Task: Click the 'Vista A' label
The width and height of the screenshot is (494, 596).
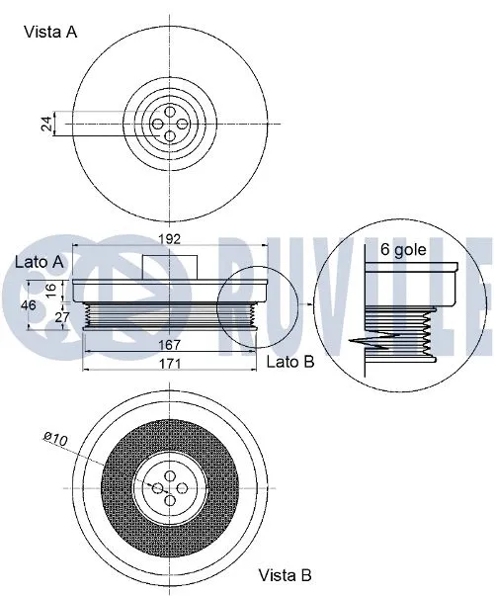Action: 51,32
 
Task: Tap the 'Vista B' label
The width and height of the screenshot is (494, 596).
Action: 287,574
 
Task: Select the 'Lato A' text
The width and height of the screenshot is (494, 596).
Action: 40,262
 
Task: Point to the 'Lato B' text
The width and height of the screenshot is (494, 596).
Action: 289,362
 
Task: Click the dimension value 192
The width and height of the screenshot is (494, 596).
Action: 171,238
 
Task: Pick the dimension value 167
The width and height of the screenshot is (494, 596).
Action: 171,345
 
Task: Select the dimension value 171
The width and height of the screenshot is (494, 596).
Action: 171,364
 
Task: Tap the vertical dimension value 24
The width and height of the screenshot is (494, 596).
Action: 44,123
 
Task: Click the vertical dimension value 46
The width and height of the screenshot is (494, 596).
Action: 29,305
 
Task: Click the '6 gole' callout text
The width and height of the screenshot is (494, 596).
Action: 404,249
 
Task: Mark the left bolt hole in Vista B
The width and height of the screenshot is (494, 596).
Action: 158,488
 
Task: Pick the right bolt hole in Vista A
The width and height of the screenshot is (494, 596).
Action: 183,123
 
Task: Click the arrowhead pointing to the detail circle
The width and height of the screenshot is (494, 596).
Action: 311,307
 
